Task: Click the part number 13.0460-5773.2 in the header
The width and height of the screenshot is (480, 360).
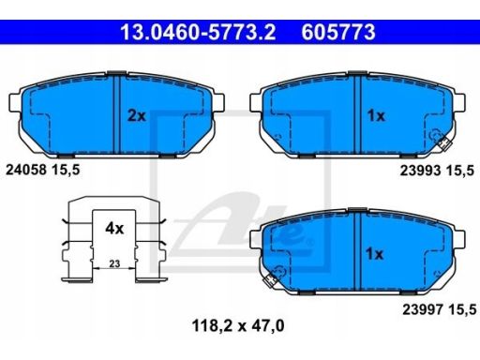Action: (198, 32)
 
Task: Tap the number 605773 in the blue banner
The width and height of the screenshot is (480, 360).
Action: (338, 32)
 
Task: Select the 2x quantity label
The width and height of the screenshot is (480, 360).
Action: (137, 116)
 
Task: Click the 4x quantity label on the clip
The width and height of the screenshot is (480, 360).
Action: (114, 229)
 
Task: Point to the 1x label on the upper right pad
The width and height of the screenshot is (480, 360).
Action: (376, 116)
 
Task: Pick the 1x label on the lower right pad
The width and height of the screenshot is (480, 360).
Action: (374, 254)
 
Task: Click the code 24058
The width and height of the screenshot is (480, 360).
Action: (26, 170)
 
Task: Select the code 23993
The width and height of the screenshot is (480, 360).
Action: (420, 171)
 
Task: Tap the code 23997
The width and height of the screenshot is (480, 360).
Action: (423, 309)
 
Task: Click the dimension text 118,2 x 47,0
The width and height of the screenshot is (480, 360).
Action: (238, 326)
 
